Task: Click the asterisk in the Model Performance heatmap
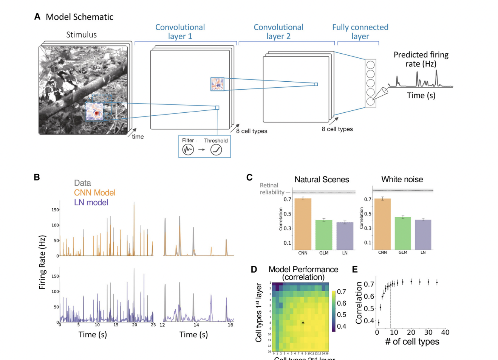[303, 323]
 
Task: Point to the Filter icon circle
[188, 150]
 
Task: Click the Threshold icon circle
[216, 150]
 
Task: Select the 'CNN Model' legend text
[94, 193]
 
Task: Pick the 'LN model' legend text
[91, 203]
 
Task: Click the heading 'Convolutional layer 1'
[180, 32]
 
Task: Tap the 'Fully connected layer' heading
[360, 32]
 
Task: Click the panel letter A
[37, 17]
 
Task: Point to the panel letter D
[254, 269]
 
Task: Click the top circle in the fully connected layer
[370, 65]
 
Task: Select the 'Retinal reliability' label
[271, 189]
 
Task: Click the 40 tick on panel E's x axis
[445, 332]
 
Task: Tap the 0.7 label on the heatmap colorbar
[342, 292]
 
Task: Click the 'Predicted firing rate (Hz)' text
[421, 59]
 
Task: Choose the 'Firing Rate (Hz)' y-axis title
[42, 262]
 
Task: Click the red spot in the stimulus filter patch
[97, 113]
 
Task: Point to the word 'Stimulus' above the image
[82, 35]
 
